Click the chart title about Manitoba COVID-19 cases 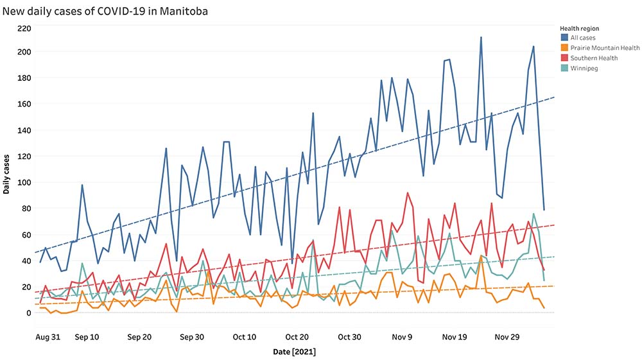[105, 12]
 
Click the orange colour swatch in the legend [564, 48]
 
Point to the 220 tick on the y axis [24, 28]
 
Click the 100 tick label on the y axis [24, 182]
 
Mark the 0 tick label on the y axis [28, 313]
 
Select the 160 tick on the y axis [24, 104]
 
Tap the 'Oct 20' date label [297, 336]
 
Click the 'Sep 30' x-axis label [191, 336]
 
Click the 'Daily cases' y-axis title [6, 173]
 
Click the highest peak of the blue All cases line [481, 37]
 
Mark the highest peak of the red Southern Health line [408, 193]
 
